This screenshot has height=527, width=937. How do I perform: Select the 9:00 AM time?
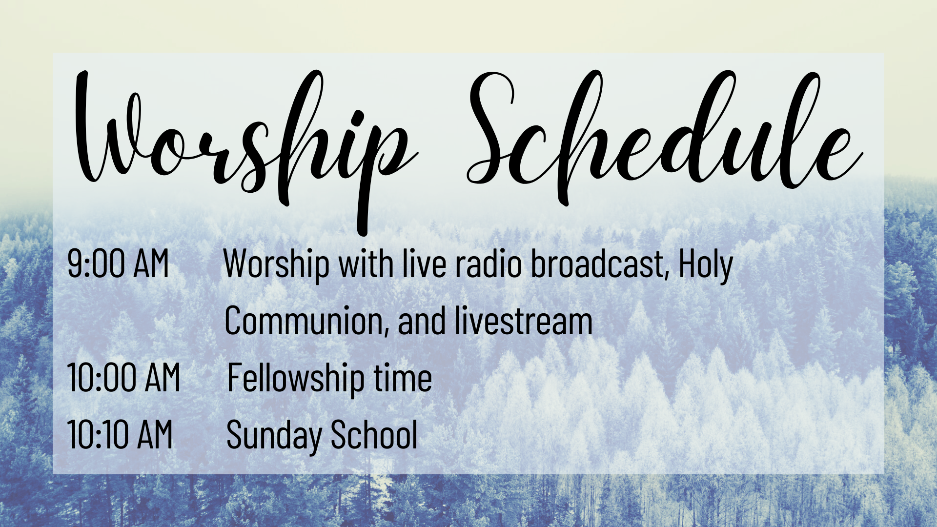118,263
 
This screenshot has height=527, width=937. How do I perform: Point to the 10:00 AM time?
124,378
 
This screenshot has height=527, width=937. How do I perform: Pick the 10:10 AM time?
120,434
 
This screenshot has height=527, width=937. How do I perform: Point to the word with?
366,263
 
